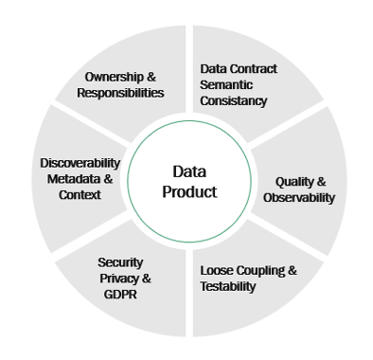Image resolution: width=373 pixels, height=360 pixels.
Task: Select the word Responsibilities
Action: [x=122, y=93]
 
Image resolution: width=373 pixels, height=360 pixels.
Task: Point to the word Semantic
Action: [x=228, y=85]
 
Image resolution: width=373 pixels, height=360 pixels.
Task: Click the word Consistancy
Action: [x=235, y=101]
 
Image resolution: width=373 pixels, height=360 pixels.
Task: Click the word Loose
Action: [x=217, y=270]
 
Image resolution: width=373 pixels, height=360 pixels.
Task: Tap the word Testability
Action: [x=228, y=286]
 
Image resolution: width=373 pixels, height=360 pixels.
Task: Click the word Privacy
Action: [x=115, y=279]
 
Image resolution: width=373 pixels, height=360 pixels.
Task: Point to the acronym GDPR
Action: [x=121, y=295]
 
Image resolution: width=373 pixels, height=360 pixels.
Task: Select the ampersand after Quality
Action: [x=323, y=181]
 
